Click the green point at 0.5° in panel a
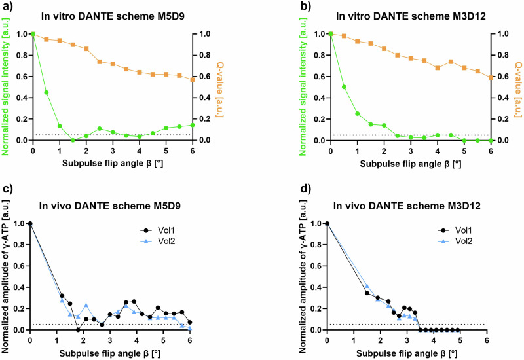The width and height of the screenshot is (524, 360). coord(47,92)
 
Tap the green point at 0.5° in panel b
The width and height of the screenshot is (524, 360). coord(344,87)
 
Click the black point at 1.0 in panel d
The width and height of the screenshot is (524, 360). coord(327,223)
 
